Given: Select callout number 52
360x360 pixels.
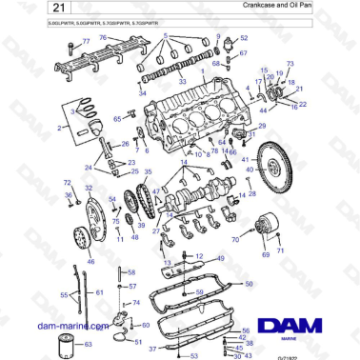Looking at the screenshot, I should click(x=244, y=39).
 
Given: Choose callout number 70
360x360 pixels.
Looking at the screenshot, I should click(x=235, y=240).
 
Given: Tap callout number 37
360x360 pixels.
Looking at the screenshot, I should click(x=150, y=350).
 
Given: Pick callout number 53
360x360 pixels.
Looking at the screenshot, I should click(x=194, y=353).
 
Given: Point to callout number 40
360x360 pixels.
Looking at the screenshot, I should click(x=250, y=170).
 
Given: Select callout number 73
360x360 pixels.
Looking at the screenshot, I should click(x=290, y=63).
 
